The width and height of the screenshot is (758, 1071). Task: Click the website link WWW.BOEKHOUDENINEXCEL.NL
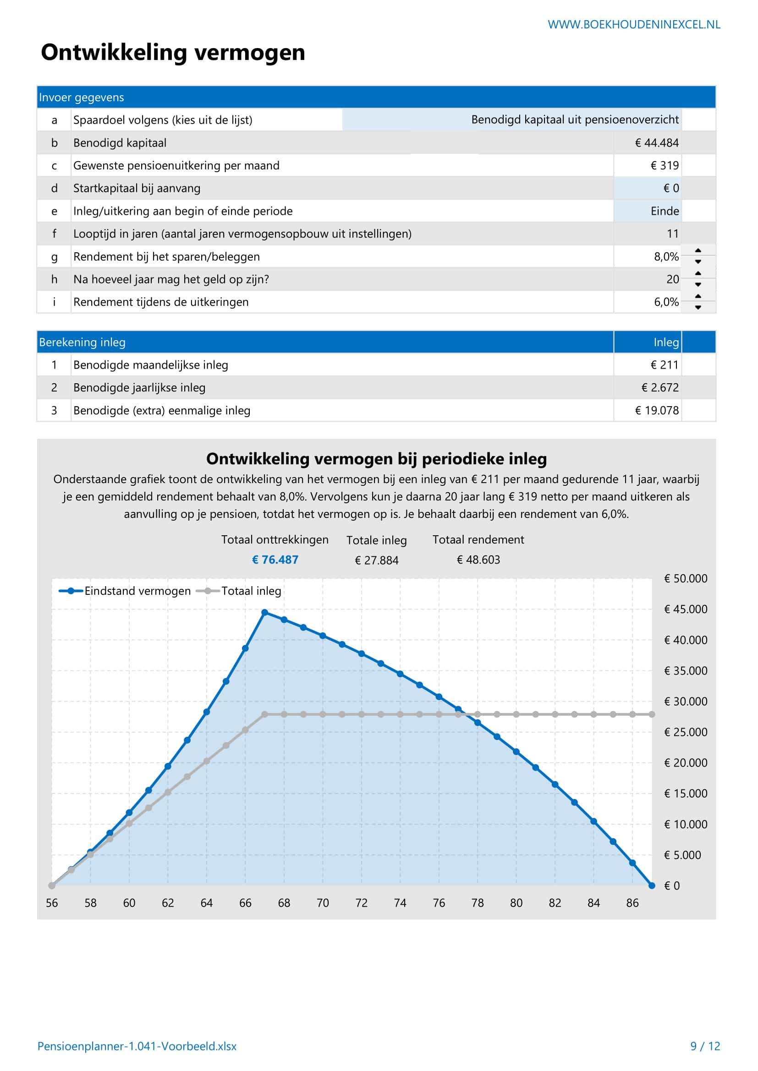click(x=633, y=25)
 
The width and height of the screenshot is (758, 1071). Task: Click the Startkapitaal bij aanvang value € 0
click(x=671, y=189)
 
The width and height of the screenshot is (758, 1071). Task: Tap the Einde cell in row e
click(x=664, y=211)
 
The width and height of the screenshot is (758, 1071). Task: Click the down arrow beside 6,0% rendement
click(x=698, y=307)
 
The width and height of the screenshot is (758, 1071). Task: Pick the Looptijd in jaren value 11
click(x=672, y=234)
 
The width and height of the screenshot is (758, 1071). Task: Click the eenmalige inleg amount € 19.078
click(x=656, y=410)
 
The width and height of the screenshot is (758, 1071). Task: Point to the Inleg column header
click(x=665, y=343)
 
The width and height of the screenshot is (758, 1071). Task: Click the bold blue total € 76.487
click(x=275, y=560)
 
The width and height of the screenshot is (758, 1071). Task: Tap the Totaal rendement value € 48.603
click(x=478, y=560)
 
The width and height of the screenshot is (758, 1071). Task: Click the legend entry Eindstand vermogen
click(x=137, y=591)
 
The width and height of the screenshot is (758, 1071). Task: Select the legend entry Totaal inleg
click(x=251, y=591)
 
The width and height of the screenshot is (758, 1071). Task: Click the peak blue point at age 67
click(x=264, y=613)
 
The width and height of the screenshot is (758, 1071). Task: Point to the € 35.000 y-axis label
click(x=685, y=671)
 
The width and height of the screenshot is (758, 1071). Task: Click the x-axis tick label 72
click(x=361, y=903)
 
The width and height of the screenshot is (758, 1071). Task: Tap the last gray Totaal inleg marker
click(x=652, y=714)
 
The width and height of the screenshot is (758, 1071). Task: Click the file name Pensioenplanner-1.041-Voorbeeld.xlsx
click(x=137, y=1046)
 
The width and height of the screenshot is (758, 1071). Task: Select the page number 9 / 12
click(x=705, y=1046)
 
